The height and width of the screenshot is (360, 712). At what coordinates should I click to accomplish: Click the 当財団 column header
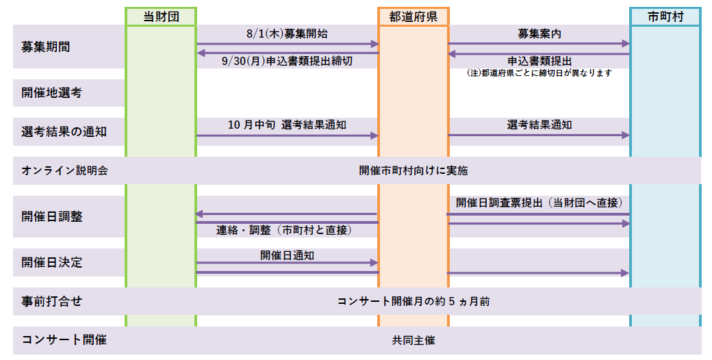161,17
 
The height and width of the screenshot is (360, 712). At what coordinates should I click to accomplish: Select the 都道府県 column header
414,17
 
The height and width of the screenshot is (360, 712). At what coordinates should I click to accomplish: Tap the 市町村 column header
665,17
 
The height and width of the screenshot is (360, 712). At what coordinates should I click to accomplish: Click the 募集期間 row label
45,47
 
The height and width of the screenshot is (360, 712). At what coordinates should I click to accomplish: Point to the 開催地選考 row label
51,93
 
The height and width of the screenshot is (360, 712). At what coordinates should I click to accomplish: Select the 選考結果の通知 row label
64,131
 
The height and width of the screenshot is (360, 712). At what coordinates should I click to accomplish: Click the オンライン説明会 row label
64,170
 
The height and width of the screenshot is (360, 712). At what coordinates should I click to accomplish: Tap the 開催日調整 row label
52,216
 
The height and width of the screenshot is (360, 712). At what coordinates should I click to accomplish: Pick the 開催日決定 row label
52,262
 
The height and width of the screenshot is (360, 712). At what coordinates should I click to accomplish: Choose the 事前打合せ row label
52,301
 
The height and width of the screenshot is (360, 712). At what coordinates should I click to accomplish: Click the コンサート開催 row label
64,339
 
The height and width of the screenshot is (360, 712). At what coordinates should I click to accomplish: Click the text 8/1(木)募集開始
287,34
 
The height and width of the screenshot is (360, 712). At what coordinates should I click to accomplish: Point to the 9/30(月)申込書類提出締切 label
287,62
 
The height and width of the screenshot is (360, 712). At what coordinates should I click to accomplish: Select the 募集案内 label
539,34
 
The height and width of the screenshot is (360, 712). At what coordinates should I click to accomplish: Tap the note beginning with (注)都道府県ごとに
539,73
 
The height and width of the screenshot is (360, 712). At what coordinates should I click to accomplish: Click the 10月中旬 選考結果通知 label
287,125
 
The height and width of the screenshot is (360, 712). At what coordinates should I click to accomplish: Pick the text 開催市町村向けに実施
414,170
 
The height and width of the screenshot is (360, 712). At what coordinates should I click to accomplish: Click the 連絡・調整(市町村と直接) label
284,231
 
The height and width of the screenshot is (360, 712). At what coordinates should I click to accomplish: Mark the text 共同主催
414,340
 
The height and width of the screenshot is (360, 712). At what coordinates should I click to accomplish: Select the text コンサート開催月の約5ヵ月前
414,301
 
